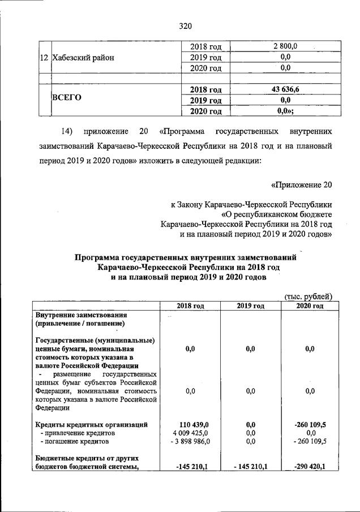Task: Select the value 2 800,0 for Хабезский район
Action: pyautogui.click(x=285, y=46)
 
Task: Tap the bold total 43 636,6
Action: pyautogui.click(x=285, y=89)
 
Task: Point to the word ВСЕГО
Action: pyautogui.click(x=67, y=97)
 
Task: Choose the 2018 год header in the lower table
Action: pyautogui.click(x=190, y=306)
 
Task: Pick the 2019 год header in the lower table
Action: pyautogui.click(x=251, y=306)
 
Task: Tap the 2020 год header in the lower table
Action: pyautogui.click(x=310, y=306)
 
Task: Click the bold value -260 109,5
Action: pyautogui.click(x=310, y=424)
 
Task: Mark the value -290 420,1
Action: pyautogui.click(x=310, y=466)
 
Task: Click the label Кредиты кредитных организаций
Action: pyautogui.click(x=92, y=424)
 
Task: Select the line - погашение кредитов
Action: pyautogui.click(x=74, y=441)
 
